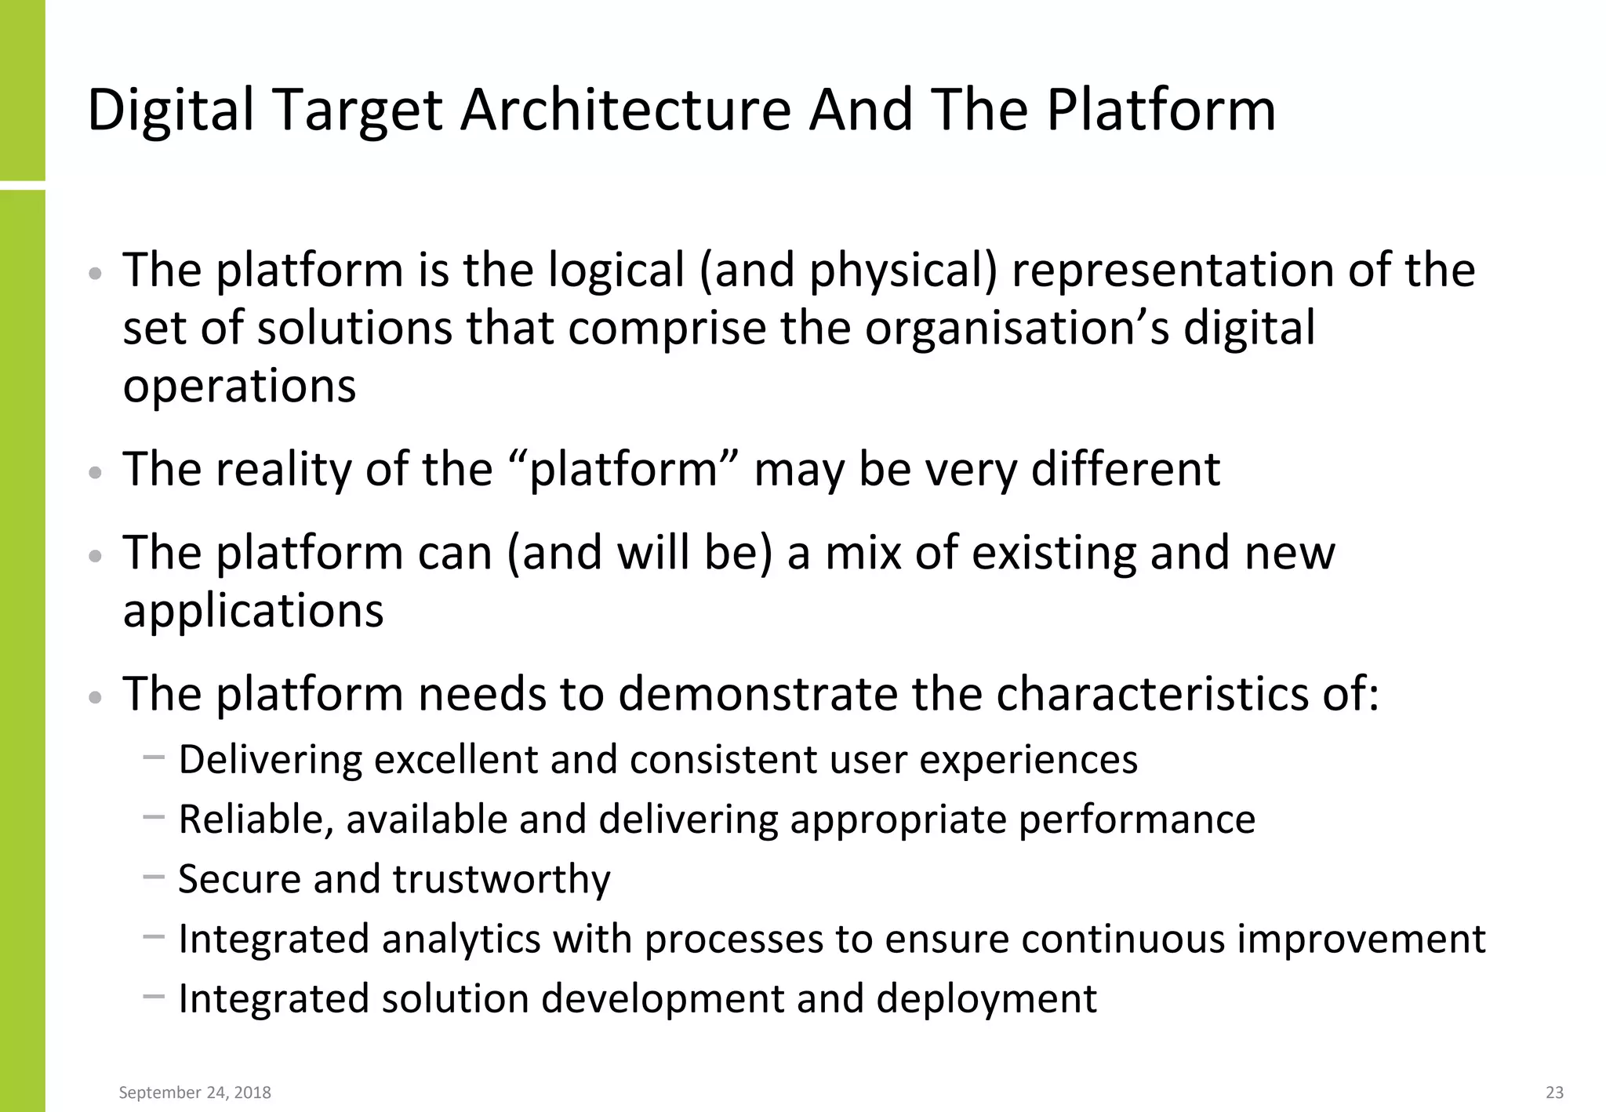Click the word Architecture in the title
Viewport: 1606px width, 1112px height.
click(625, 110)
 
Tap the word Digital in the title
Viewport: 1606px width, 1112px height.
click(170, 110)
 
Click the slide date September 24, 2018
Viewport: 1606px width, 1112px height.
click(194, 1092)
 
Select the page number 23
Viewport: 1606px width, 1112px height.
click(1554, 1092)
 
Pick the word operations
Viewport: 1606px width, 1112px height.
click(239, 386)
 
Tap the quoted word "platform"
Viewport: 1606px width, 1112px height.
click(623, 470)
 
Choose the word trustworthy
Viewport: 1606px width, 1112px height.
click(501, 879)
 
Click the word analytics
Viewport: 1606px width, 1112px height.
click(461, 939)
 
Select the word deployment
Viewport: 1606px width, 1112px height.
click(986, 999)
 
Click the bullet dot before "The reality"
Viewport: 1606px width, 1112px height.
click(96, 473)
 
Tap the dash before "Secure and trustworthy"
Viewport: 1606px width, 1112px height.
click(154, 877)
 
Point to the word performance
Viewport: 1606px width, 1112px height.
click(1136, 819)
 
